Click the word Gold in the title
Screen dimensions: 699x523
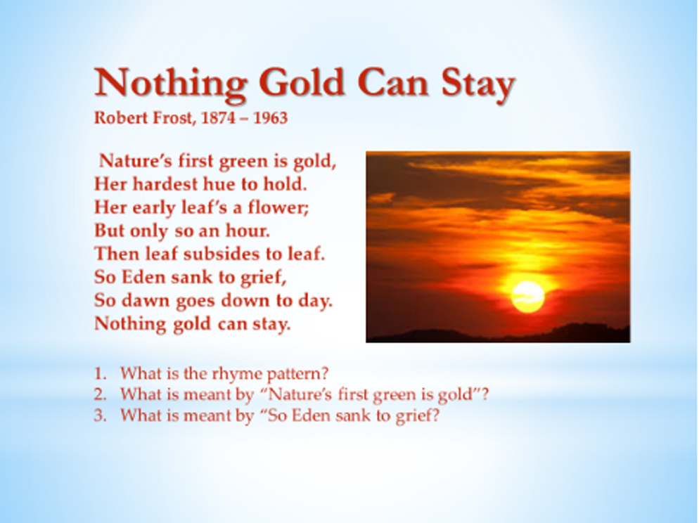tap(302, 82)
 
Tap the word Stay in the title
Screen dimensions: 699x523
tap(478, 84)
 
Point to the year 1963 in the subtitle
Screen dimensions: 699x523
tap(271, 118)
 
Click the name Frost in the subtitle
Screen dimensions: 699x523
tap(174, 118)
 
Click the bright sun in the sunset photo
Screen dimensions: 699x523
tap(528, 296)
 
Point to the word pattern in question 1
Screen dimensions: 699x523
tap(297, 374)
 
